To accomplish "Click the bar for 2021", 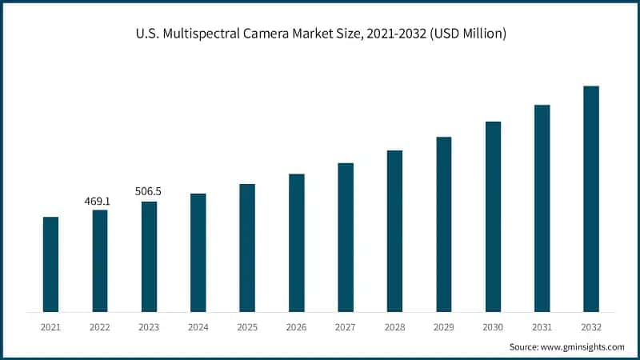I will click(50, 264).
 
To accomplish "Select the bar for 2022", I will click(100, 261).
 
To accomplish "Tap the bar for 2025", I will click(247, 248).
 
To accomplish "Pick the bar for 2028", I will click(394, 231).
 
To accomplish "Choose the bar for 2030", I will click(493, 217).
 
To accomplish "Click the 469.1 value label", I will click(98, 202).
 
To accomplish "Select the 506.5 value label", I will click(149, 192).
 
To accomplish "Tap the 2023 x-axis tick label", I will click(150, 327).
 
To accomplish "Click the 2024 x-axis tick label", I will click(198, 327).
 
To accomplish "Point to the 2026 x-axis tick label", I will click(297, 327).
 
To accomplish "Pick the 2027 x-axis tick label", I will click(346, 327).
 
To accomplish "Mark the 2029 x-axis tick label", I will click(444, 327).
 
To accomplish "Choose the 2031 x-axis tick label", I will click(542, 327).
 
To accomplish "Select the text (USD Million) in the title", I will click(467, 34).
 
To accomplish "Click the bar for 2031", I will click(542, 208).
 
